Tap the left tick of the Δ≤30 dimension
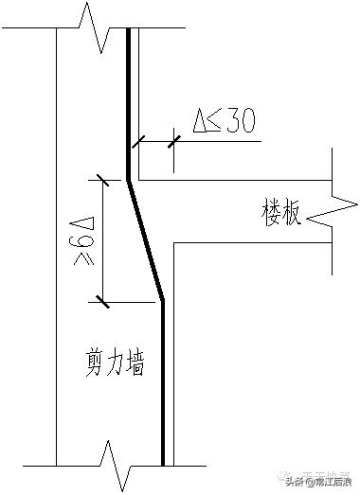coord(138,142)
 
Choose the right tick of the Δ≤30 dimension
coord(172,142)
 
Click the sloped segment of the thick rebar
coord(146,239)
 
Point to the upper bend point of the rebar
coord(129,178)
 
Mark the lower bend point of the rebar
coord(163,301)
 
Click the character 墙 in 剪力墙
coord(135,362)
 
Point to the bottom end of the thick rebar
coord(163,465)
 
